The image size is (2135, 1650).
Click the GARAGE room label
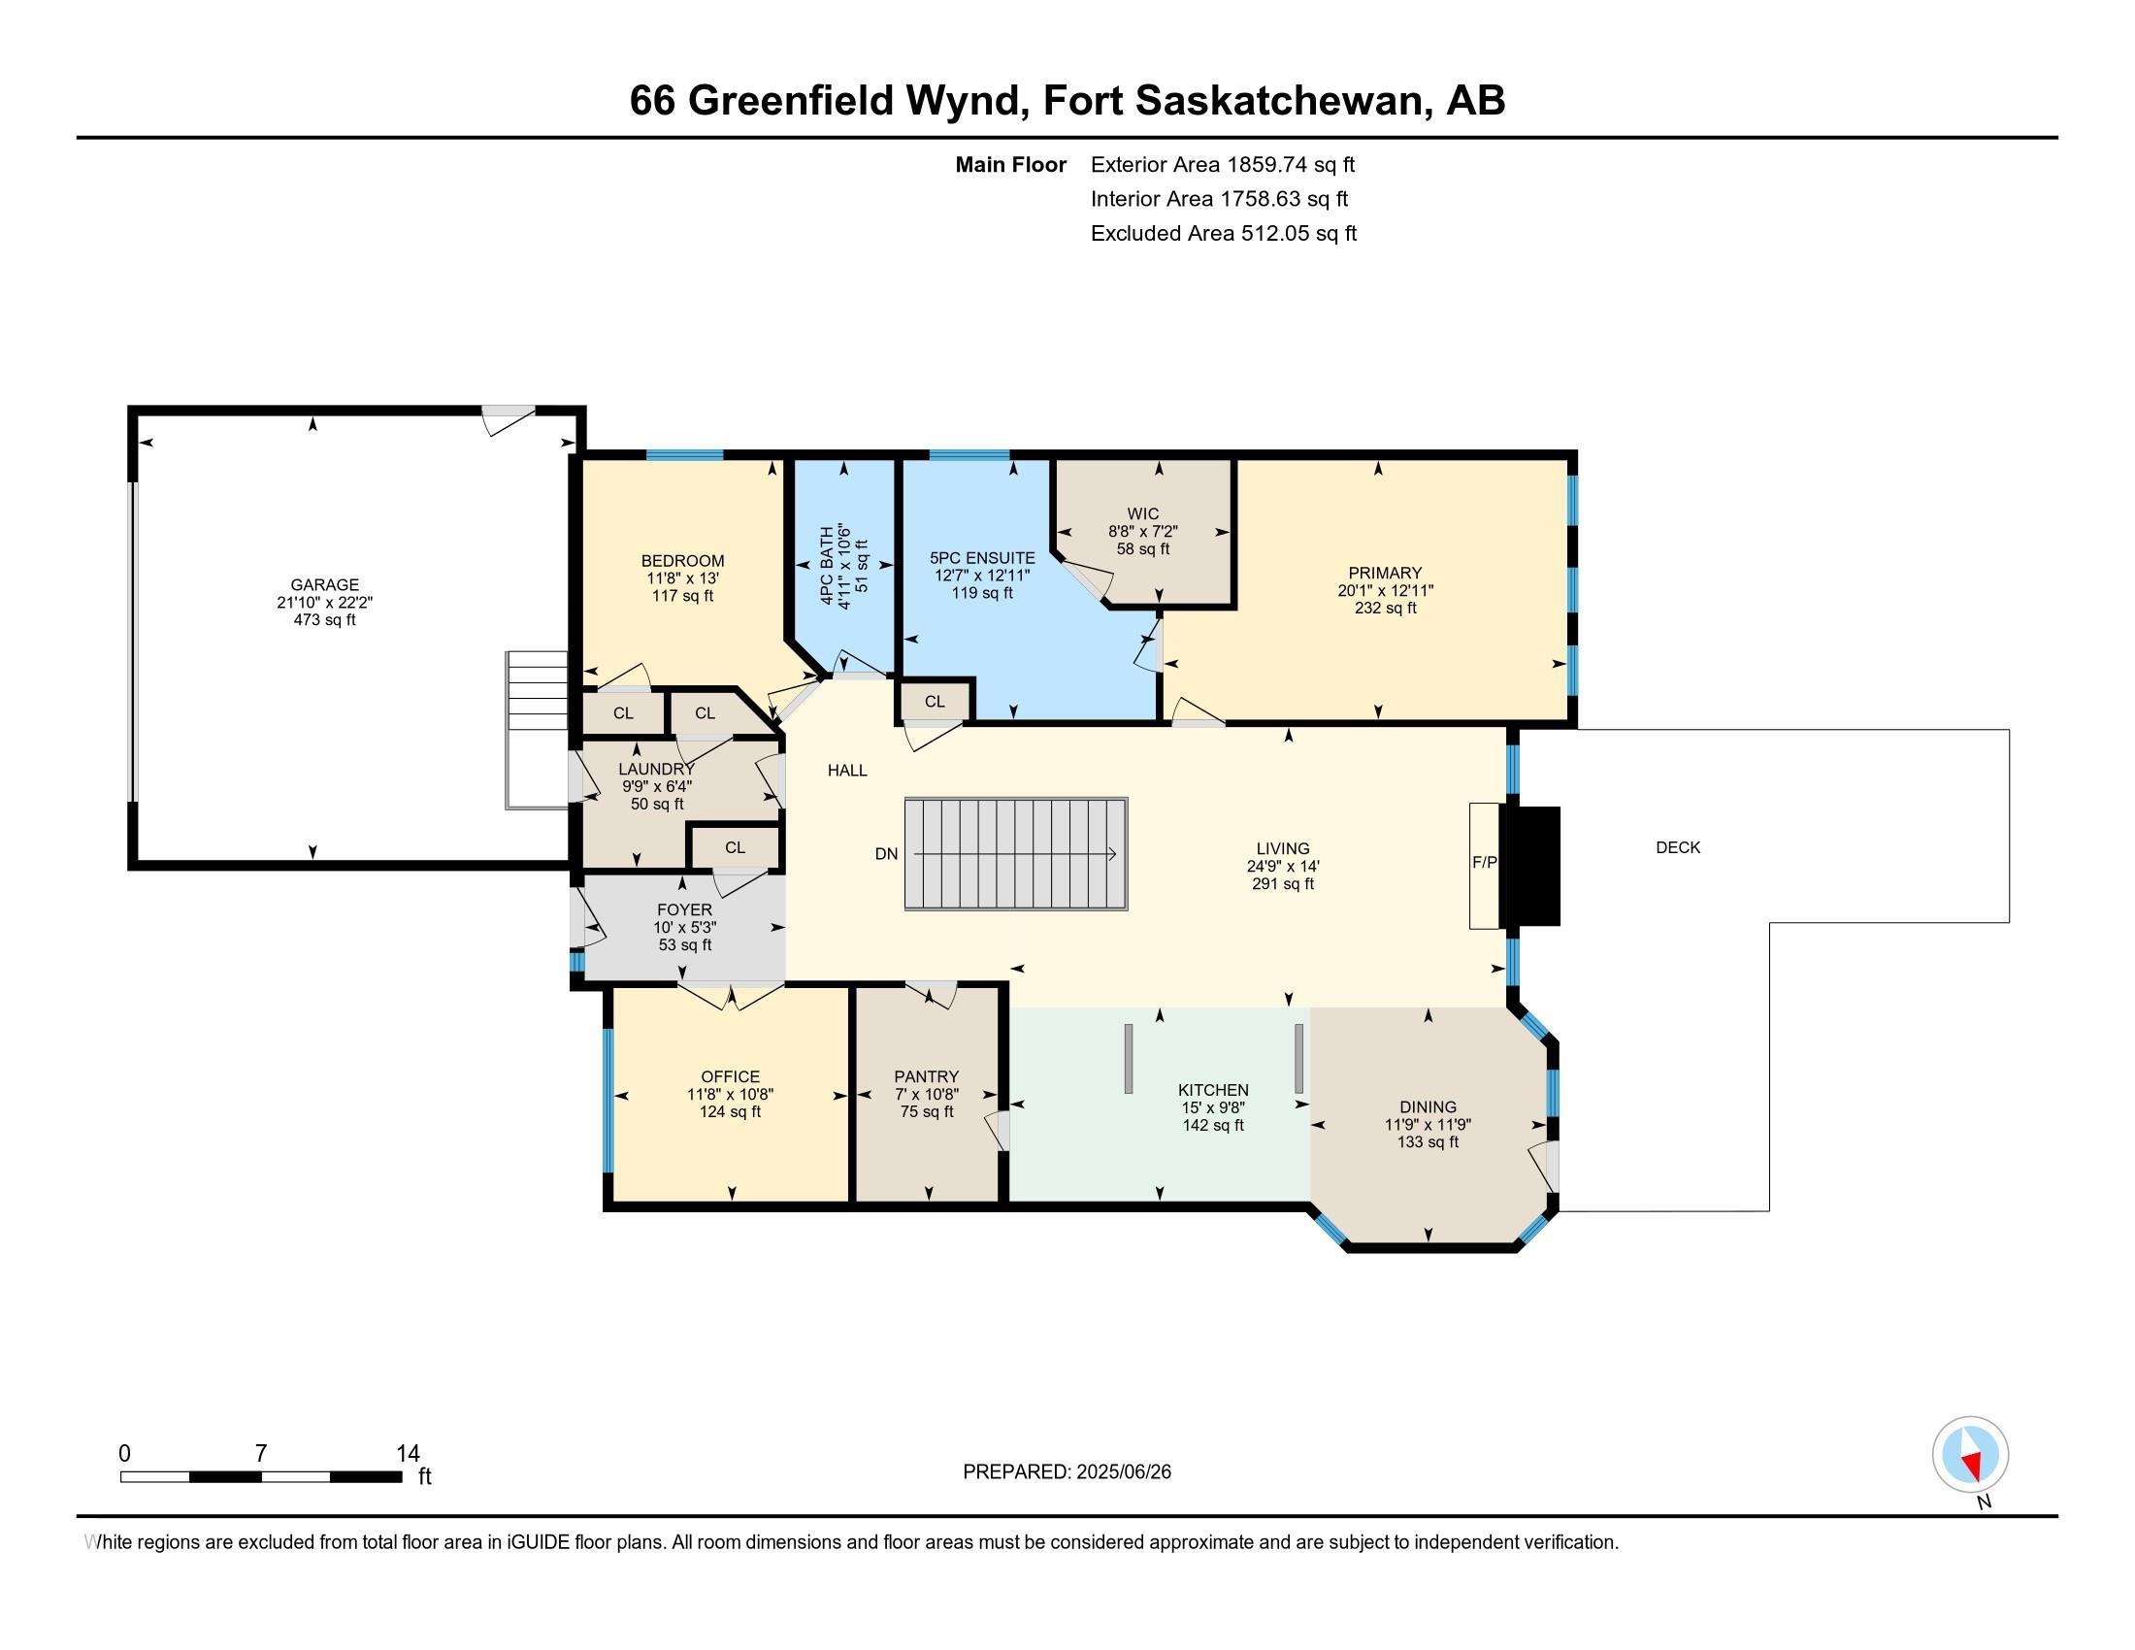[x=323, y=584]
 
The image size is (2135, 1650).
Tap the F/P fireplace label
[x=1484, y=862]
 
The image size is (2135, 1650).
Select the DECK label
[x=1678, y=847]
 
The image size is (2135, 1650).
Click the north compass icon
[x=1970, y=1455]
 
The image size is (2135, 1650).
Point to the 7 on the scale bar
[x=260, y=1454]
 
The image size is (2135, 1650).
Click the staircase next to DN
[x=1016, y=854]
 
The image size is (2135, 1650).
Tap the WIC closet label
[x=1143, y=514]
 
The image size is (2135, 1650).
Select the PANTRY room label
[x=926, y=1076]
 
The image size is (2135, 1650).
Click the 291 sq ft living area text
[x=1283, y=883]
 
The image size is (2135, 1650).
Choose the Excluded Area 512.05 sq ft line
[x=1223, y=234]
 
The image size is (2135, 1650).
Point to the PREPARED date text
[x=1067, y=1472]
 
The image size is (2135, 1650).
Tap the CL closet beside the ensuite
[x=935, y=702]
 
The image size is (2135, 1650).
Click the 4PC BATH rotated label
[x=827, y=566]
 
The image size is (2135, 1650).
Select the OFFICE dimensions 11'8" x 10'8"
[x=730, y=1095]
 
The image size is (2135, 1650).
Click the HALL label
[x=846, y=771]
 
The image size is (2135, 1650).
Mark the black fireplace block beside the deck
[x=1533, y=866]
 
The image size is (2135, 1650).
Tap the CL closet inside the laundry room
[x=736, y=847]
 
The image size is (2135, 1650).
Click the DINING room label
[x=1428, y=1106]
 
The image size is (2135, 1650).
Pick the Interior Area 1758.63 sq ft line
[x=1219, y=199]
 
